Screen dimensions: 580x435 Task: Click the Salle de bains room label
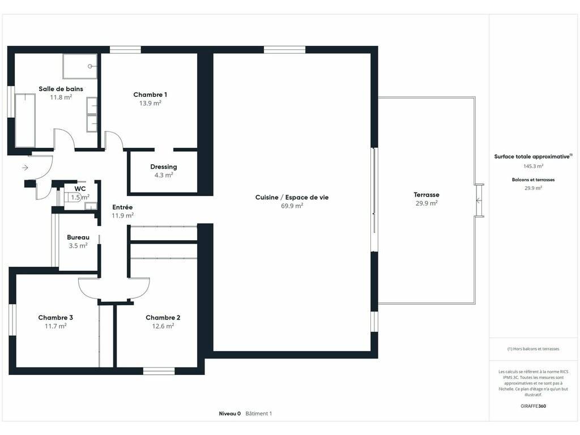click(x=61, y=89)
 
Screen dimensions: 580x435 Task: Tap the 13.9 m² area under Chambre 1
click(x=150, y=103)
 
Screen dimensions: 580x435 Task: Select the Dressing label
click(x=164, y=167)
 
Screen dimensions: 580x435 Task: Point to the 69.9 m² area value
click(x=292, y=206)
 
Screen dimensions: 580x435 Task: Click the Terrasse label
click(x=427, y=195)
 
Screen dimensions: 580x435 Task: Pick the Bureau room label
click(x=78, y=237)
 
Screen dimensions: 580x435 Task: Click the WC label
click(x=80, y=189)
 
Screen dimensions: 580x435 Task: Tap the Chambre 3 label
click(x=56, y=317)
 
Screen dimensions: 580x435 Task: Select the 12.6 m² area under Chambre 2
click(x=163, y=326)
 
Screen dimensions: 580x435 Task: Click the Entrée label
click(x=122, y=207)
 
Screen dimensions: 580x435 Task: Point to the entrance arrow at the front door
click(x=25, y=168)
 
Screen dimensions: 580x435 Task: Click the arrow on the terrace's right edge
click(x=478, y=201)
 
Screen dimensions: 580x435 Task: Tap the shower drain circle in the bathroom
click(x=90, y=66)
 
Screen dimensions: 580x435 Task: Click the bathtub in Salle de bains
click(x=25, y=120)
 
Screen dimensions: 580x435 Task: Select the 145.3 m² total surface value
click(x=534, y=166)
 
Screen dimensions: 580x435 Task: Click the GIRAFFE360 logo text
click(x=534, y=406)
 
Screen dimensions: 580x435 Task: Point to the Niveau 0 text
click(x=230, y=413)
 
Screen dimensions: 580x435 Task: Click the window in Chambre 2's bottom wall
click(x=159, y=370)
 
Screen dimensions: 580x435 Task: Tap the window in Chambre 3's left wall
click(x=12, y=319)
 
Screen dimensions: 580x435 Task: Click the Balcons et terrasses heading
click(x=534, y=180)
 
